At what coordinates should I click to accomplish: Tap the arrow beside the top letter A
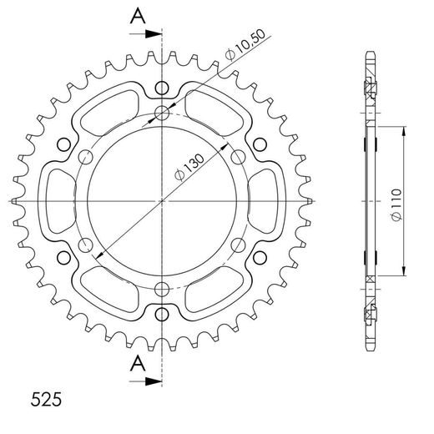[149, 34]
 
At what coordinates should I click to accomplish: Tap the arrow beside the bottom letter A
[149, 381]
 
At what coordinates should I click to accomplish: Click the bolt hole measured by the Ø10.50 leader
[163, 114]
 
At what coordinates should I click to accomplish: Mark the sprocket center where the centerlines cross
[162, 201]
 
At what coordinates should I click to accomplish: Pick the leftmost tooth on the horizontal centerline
[16, 201]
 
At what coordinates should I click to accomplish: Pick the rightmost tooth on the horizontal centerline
[309, 201]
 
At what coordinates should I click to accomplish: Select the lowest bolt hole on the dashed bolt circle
[162, 289]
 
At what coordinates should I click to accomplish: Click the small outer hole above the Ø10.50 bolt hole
[162, 87]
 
